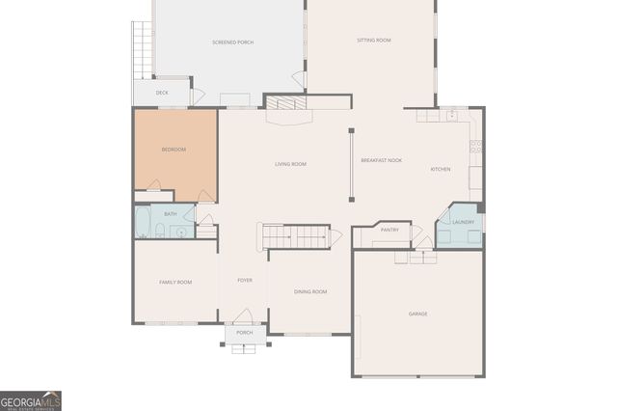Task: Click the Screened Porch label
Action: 232,42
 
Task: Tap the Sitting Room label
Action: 373,41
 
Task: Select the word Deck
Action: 162,93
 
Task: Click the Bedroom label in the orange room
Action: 174,150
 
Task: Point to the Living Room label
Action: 290,165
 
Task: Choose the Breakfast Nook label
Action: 381,160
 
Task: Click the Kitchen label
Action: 441,170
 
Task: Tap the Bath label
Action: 170,214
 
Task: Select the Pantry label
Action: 389,231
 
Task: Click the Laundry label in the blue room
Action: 463,223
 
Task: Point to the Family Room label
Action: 175,282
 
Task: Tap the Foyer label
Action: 245,281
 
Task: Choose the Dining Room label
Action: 310,291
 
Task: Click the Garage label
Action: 417,314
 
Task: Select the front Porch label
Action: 245,333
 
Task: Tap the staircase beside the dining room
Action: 296,236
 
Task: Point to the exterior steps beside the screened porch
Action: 143,49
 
